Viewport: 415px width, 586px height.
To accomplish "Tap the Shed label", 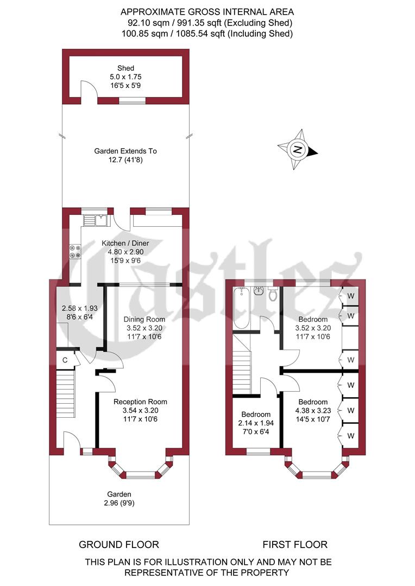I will tap(125, 68).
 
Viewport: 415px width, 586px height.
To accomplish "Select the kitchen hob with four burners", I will tap(75, 251).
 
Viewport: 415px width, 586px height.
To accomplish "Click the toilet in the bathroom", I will tap(273, 294).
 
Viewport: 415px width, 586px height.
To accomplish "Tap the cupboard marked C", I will tap(65, 360).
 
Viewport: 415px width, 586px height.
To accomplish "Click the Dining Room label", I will tap(144, 319).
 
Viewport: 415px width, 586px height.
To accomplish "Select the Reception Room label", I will tap(140, 402).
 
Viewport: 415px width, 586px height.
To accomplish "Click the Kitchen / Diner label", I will tap(125, 243).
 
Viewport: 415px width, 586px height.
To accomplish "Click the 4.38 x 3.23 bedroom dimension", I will tap(311, 411).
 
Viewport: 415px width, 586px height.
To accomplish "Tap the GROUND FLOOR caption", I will tap(119, 544).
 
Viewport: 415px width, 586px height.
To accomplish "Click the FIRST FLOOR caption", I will tap(295, 544).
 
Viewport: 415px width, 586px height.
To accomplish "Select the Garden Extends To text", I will tap(125, 151).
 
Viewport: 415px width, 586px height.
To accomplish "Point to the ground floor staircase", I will tap(65, 393).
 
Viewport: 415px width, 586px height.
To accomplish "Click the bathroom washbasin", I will tap(260, 292).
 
